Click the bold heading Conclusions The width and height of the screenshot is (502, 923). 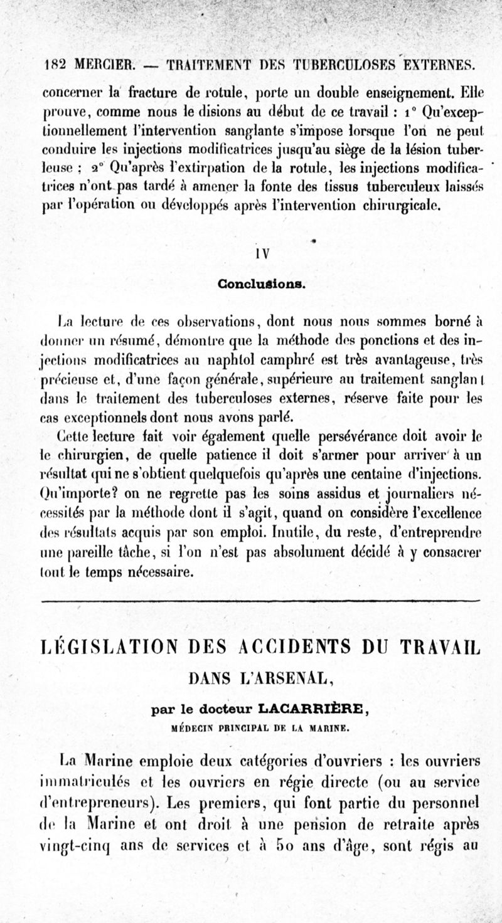point(262,283)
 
